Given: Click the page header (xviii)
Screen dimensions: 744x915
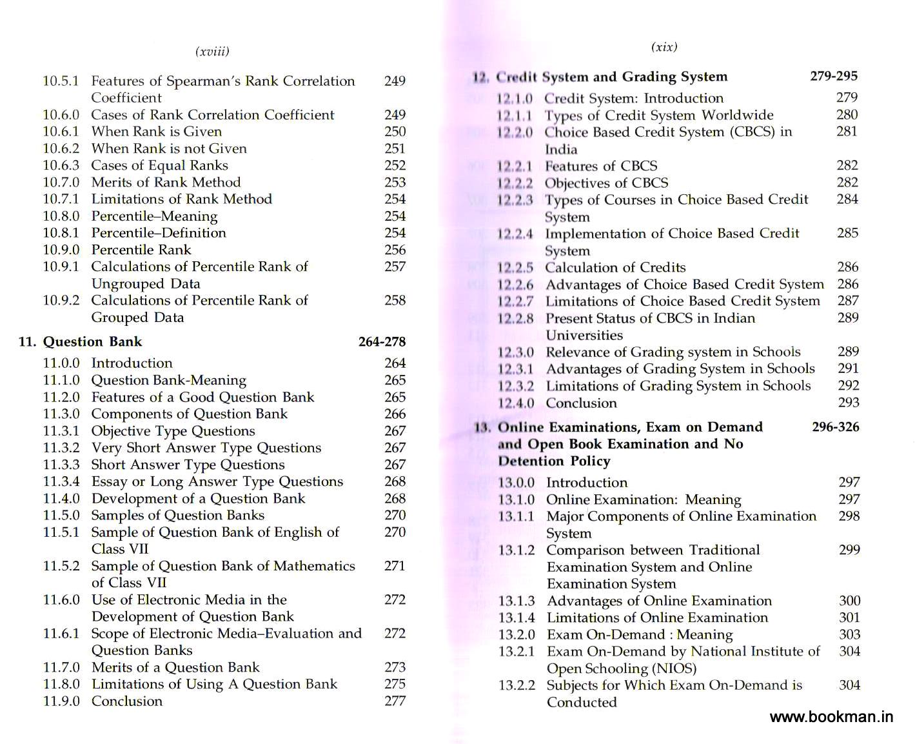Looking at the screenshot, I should tap(212, 52).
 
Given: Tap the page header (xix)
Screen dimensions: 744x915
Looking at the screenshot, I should tap(664, 47).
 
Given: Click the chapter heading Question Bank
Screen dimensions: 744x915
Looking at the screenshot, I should tap(92, 342).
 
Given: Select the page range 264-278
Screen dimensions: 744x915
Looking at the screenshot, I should tap(382, 342).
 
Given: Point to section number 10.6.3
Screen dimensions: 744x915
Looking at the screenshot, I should tap(61, 165).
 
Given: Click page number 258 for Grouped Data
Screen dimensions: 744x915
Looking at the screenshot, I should tap(395, 301).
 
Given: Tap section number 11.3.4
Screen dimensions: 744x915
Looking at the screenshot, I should tap(61, 481).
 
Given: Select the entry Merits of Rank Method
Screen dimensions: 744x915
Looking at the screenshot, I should tap(166, 183).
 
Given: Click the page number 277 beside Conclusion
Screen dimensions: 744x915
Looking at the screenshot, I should tap(395, 701).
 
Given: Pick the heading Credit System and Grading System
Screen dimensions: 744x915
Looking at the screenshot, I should tap(612, 77).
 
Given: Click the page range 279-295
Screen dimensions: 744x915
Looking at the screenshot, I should tap(833, 76).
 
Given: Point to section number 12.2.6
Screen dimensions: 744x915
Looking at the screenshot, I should tap(515, 285).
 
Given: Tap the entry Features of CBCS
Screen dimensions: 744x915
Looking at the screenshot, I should tap(601, 166).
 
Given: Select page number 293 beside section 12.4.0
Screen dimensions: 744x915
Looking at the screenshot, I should tap(848, 403).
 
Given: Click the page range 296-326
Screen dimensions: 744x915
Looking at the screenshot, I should tap(835, 427).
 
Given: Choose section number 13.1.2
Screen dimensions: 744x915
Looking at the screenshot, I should tap(516, 550).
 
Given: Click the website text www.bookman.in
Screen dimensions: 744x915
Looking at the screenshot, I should tap(831, 717).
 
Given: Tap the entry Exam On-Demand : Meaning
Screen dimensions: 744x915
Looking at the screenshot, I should tap(640, 635).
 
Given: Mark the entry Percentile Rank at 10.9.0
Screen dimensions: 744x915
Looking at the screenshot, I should tap(141, 250).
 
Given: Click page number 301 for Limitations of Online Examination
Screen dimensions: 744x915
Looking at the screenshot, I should tap(849, 618).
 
